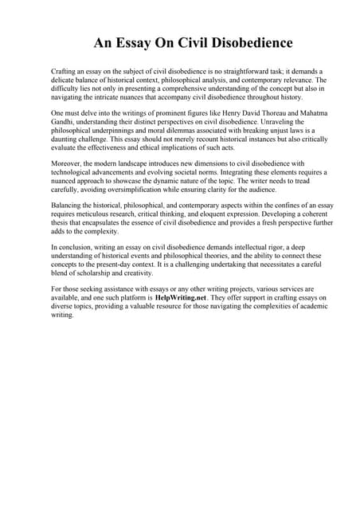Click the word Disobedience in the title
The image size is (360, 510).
251,42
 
